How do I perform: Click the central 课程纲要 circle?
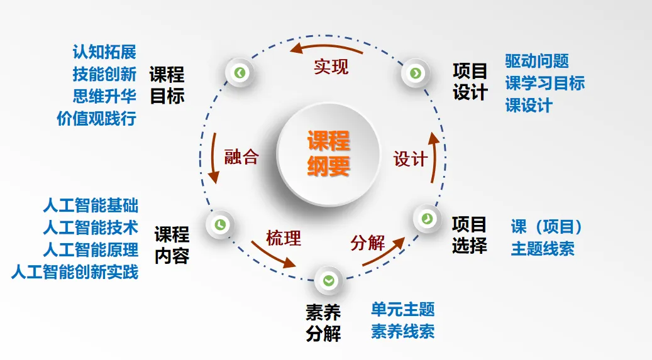tap(328, 153)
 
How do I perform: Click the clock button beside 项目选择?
tap(427, 218)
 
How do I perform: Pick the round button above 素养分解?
tap(328, 281)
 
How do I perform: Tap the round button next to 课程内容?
tap(220, 224)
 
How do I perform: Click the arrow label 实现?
tap(331, 66)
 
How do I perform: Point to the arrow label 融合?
tap(241, 156)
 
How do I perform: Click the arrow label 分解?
tap(368, 243)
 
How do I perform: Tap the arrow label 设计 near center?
tap(411, 159)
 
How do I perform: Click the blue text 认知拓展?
tap(104, 52)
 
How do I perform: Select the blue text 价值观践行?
tap(96, 119)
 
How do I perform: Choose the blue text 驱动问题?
tap(537, 61)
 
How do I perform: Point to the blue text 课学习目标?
tap(544, 83)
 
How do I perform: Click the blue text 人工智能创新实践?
tap(75, 272)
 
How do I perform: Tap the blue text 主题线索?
tap(543, 248)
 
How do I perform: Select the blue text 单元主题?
tap(402, 309)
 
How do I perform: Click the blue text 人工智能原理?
tap(91, 249)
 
